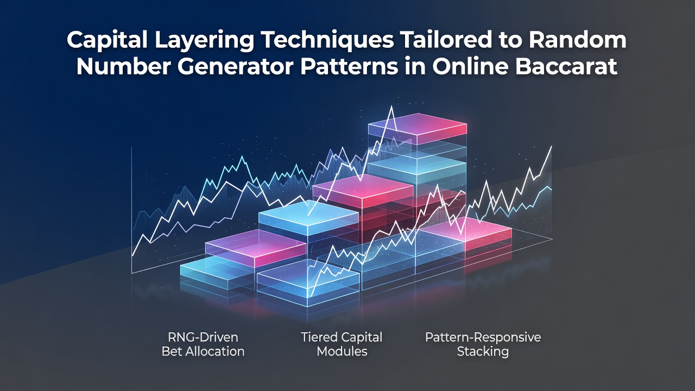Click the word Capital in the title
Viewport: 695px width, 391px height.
point(107,40)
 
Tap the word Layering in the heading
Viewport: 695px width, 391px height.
point(205,41)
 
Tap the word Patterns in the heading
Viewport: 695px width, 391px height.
point(349,66)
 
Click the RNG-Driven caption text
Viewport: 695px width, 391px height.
point(203,337)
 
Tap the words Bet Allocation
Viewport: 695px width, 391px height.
point(203,351)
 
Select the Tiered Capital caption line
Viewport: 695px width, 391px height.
point(342,338)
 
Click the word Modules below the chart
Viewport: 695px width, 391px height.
point(342,351)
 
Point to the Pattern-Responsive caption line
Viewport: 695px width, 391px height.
point(483,338)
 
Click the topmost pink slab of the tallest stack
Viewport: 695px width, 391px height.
point(418,125)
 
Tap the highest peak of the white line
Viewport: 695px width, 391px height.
point(391,106)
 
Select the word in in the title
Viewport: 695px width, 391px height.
point(415,66)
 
